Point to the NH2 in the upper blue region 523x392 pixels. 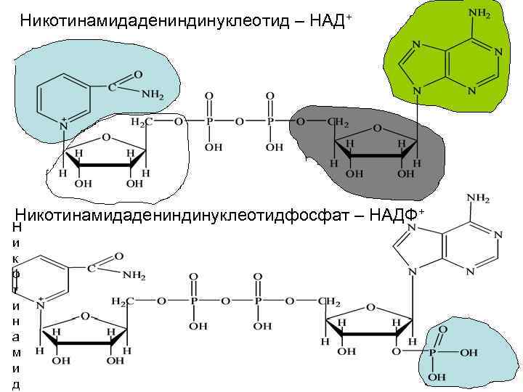153,94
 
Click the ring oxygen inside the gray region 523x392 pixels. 376,128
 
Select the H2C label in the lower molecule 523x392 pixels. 122,301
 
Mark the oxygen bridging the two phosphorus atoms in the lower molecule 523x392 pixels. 226,301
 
